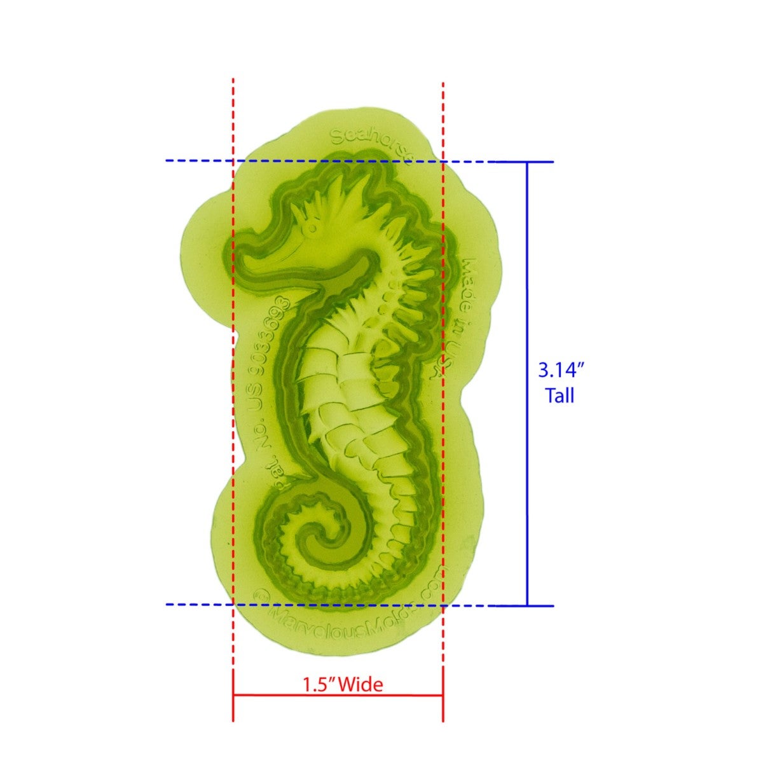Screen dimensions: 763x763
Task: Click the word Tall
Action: pyautogui.click(x=560, y=396)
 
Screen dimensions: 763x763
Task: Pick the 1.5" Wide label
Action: pyautogui.click(x=343, y=685)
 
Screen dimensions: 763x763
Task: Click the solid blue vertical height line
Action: pyautogui.click(x=527, y=381)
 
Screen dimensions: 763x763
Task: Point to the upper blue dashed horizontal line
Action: pyautogui.click(x=197, y=161)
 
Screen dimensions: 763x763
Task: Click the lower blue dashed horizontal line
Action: pyautogui.click(x=197, y=604)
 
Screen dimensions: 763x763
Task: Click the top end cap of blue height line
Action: pyautogui.click(x=527, y=162)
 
